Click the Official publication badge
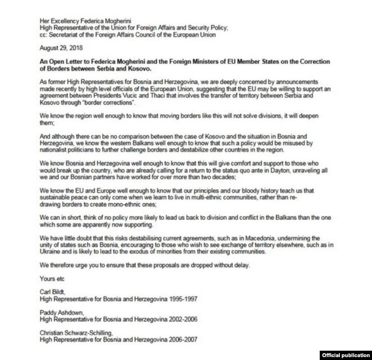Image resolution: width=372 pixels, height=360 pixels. (x=344, y=354)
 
